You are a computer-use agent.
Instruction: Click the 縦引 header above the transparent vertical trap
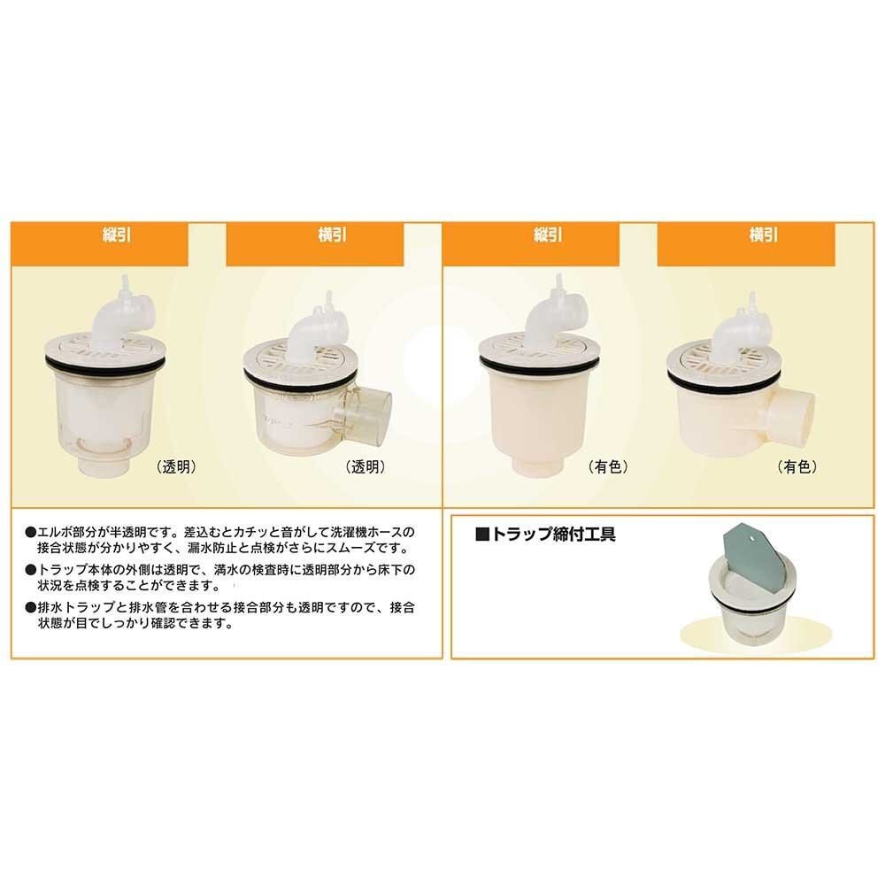click(x=117, y=235)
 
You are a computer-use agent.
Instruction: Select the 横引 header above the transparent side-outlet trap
click(x=333, y=235)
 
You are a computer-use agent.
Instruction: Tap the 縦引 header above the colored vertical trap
click(x=548, y=235)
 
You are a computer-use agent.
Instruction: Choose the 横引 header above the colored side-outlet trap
click(x=764, y=235)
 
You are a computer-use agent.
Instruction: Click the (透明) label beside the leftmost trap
click(x=177, y=466)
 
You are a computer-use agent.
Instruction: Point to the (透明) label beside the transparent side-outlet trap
click(x=366, y=466)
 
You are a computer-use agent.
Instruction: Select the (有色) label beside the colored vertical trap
click(x=609, y=466)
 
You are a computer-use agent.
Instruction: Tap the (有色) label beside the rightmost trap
click(x=797, y=466)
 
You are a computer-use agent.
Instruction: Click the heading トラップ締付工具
click(x=553, y=534)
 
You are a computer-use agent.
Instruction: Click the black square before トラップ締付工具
click(x=482, y=534)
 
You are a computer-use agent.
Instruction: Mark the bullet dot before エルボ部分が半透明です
click(x=30, y=532)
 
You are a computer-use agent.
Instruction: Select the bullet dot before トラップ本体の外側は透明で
click(x=30, y=570)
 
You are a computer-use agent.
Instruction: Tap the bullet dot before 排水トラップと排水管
click(x=30, y=608)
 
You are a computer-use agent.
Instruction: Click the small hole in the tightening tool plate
click(x=753, y=538)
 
